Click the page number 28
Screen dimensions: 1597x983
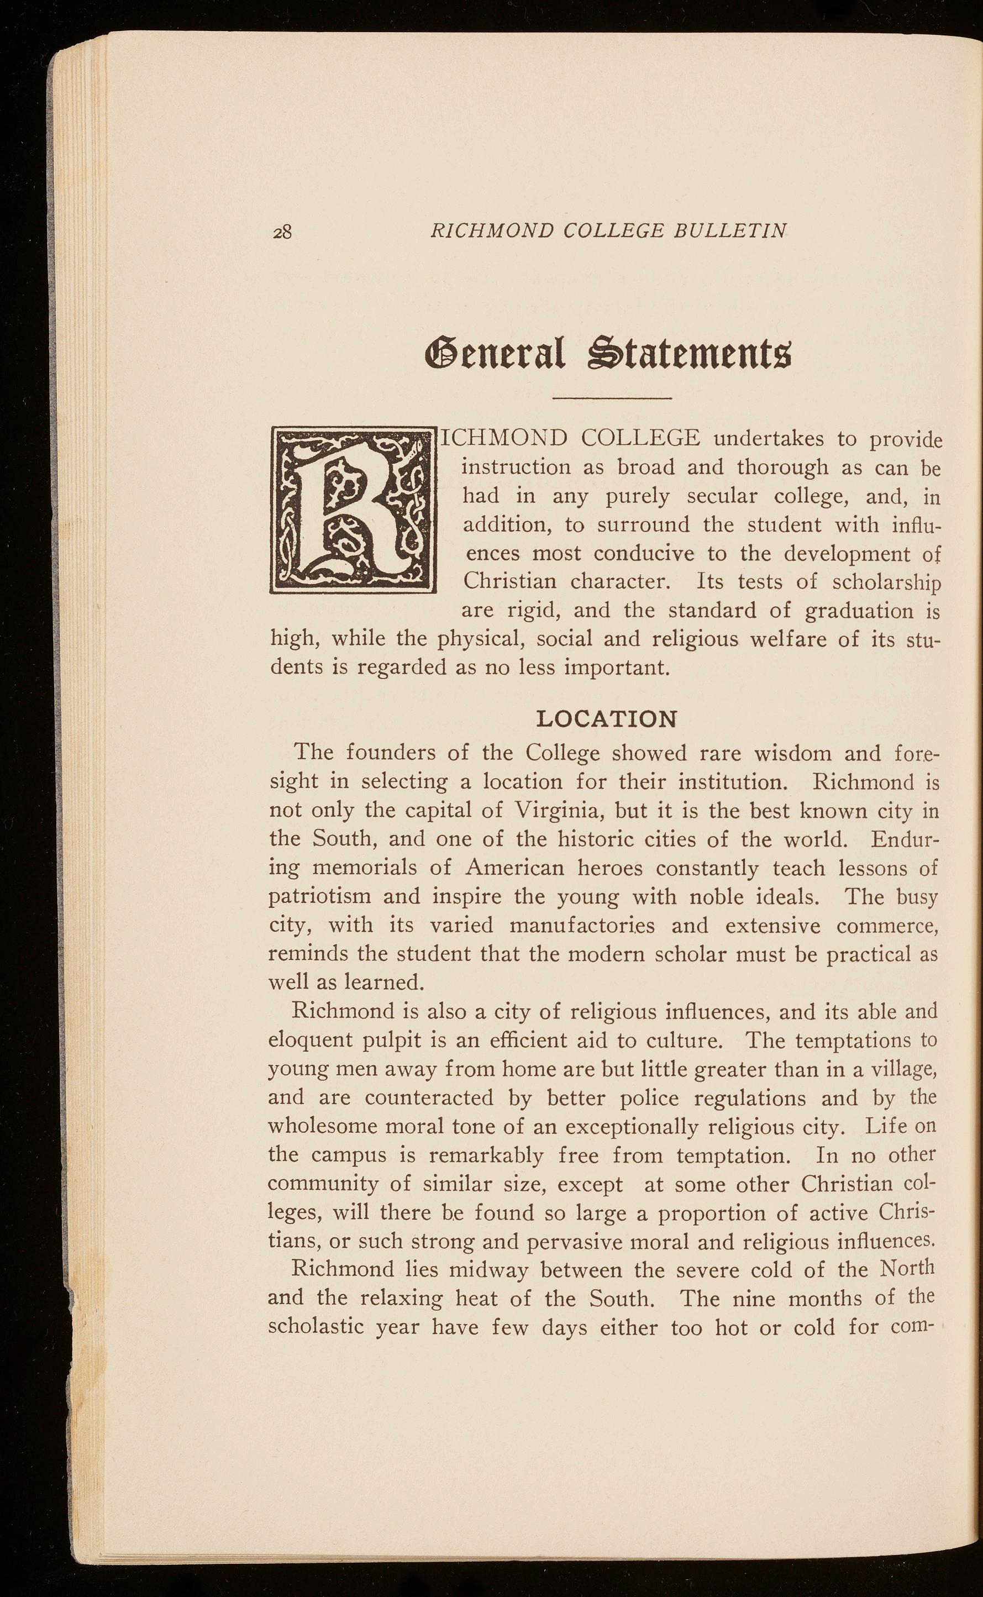click(283, 232)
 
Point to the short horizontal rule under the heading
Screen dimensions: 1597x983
click(611, 397)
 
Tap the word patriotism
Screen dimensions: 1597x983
click(319, 897)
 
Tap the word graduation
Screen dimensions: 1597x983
click(858, 611)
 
